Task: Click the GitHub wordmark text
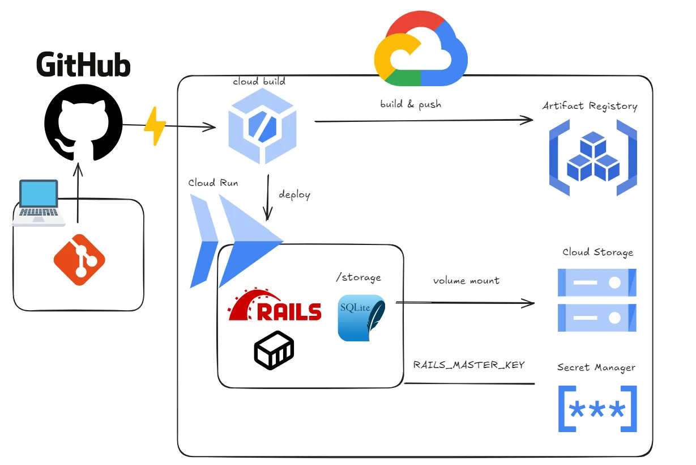(x=83, y=64)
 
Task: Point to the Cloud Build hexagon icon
(x=262, y=128)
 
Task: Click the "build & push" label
(x=411, y=104)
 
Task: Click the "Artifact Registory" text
(x=590, y=106)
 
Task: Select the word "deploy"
(x=294, y=195)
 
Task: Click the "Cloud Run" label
(x=214, y=183)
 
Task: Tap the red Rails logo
(x=275, y=306)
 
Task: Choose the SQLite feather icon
(x=361, y=318)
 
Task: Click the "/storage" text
(x=358, y=277)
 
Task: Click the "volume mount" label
(x=466, y=281)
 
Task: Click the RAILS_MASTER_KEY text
(x=469, y=365)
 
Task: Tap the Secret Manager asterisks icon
(x=597, y=409)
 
